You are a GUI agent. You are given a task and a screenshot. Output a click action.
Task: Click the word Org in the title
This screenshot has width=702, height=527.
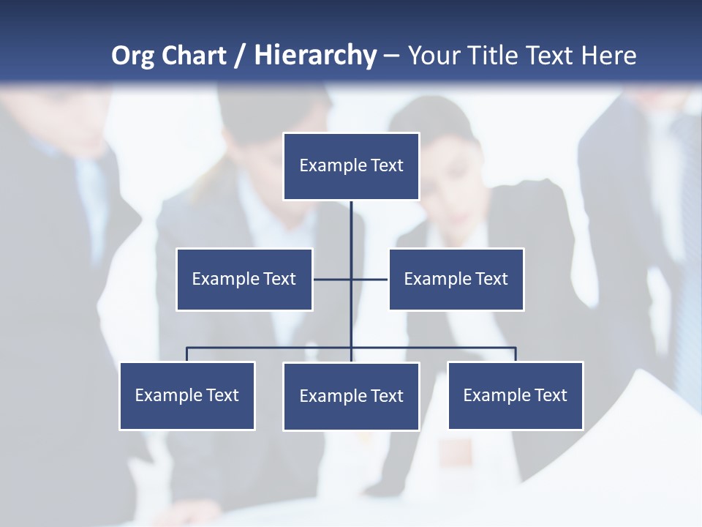pos(132,56)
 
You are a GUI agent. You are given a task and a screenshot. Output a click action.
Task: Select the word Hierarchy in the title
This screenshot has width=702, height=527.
pos(315,56)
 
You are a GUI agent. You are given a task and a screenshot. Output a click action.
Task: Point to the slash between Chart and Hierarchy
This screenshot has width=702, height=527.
pos(240,56)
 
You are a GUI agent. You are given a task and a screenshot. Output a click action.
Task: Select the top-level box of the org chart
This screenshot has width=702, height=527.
pos(351,166)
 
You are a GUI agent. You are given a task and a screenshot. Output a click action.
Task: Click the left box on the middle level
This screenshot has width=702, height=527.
pos(244,279)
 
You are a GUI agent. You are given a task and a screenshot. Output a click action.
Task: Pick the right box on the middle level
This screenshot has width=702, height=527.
pos(456,279)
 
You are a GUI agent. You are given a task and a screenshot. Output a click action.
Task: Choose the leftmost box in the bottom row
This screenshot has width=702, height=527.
pos(187,395)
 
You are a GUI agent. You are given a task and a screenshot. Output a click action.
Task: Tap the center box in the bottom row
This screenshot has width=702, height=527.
pos(351,396)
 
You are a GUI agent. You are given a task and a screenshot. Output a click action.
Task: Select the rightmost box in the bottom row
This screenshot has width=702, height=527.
pos(516,395)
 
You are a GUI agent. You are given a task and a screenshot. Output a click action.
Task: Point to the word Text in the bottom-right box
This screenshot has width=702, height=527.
pos(551,395)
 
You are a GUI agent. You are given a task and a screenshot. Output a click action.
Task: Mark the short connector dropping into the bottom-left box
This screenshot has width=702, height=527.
pos(187,354)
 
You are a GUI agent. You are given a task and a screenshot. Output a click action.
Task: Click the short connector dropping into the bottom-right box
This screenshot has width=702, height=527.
pos(516,354)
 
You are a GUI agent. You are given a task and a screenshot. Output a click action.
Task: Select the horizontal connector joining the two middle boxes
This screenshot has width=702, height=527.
pos(351,279)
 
